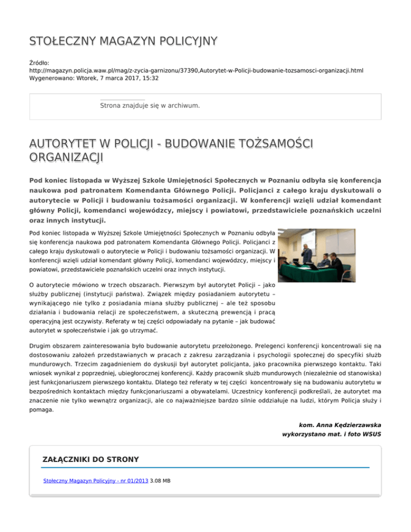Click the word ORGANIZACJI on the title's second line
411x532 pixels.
66,158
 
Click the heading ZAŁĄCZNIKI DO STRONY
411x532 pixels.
90,459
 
